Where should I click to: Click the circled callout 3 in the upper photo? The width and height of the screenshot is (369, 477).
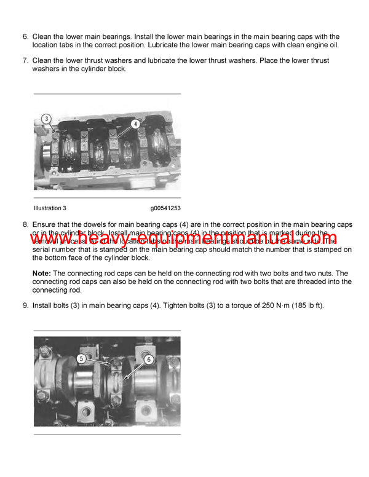[46, 119]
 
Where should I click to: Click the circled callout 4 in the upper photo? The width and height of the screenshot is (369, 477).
[135, 123]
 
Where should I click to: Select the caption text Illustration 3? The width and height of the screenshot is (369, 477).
[52, 208]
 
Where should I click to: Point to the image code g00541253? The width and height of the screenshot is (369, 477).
[165, 208]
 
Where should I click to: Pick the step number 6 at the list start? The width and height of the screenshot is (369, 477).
[25, 37]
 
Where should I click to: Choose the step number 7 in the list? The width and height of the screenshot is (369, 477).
[25, 61]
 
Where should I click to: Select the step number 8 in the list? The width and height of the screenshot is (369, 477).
[25, 225]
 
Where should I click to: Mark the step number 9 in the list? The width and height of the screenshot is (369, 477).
[25, 305]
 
